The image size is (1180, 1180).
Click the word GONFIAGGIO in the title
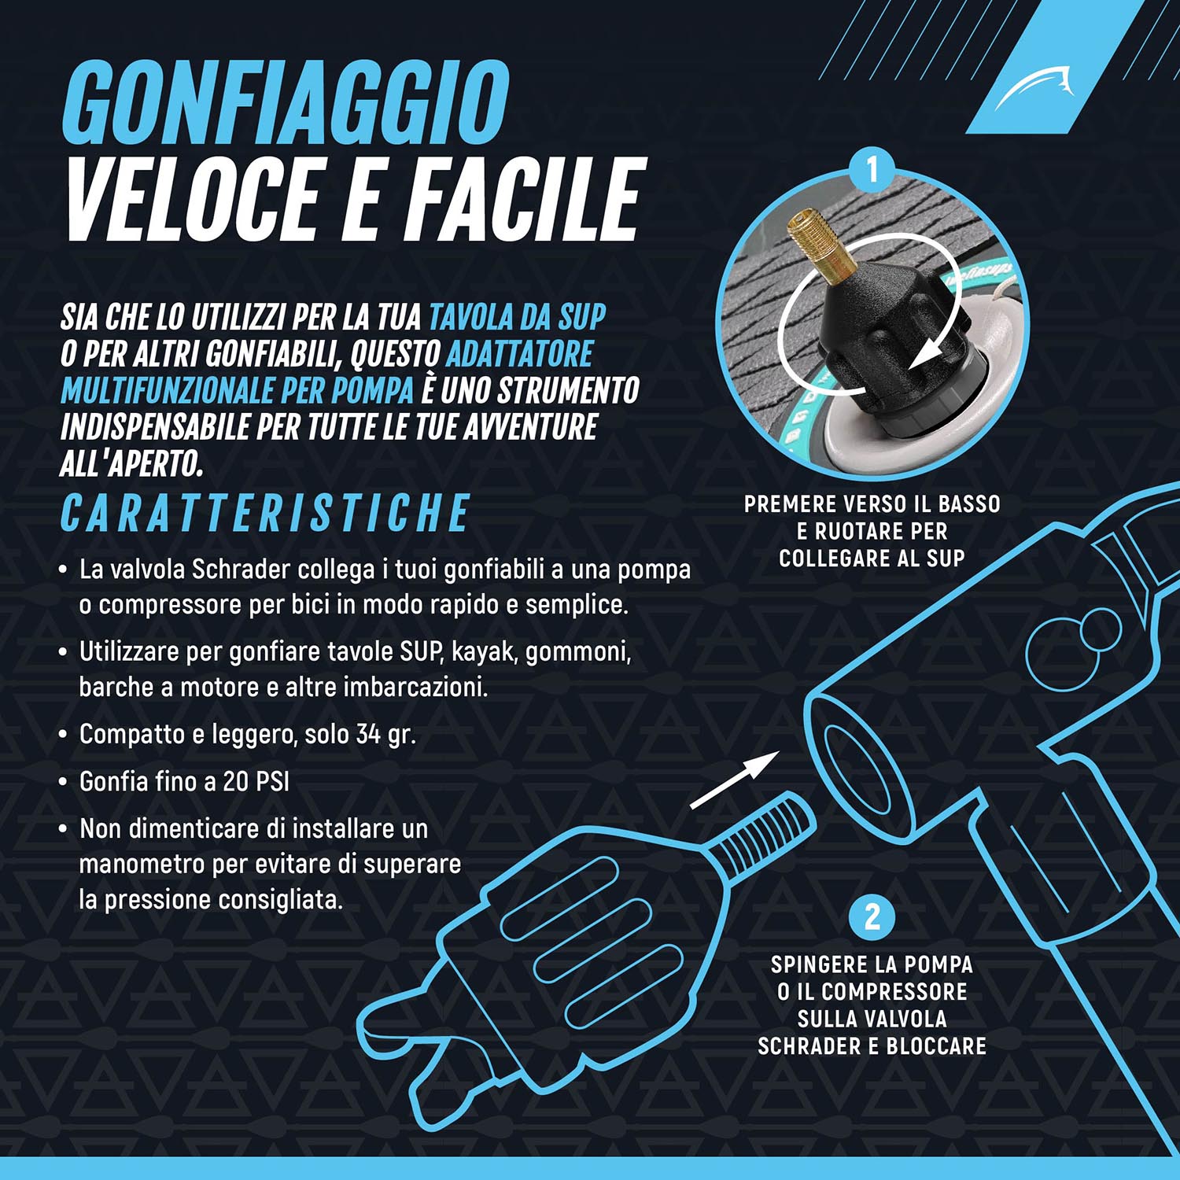coord(286,103)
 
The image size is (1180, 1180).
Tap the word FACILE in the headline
coord(525,198)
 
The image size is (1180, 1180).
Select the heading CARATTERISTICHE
coord(266,514)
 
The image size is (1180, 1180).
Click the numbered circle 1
coord(872,168)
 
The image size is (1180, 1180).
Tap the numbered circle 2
coord(872,917)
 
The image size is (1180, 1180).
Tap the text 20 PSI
coord(256,782)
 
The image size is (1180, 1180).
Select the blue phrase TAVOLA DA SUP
coord(517,317)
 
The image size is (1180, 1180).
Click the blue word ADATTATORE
coord(519,354)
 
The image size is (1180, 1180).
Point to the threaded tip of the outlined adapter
coord(763,834)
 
